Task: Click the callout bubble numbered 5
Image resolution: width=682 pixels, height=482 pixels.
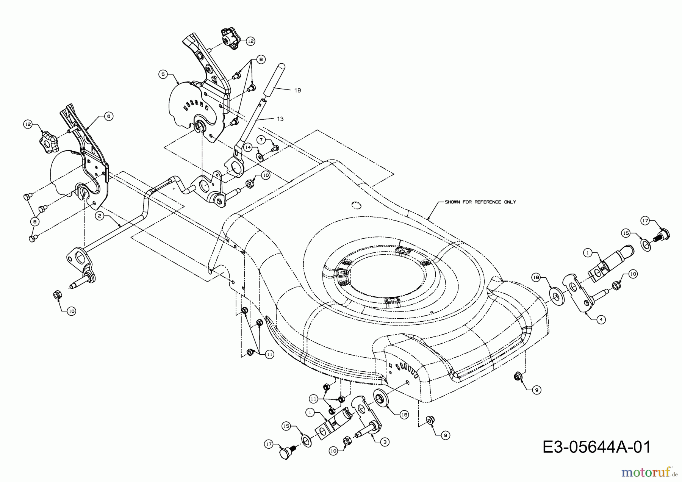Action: pyautogui.click(x=163, y=74)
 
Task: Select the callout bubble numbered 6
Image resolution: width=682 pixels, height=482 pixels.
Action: pyautogui.click(x=108, y=117)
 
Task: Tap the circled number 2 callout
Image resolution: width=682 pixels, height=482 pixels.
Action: pyautogui.click(x=99, y=216)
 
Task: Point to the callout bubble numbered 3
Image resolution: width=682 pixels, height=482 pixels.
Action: pyautogui.click(x=385, y=442)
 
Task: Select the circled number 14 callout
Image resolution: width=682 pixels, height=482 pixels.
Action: pyautogui.click(x=248, y=147)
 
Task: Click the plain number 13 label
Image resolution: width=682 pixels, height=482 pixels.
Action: pyautogui.click(x=280, y=119)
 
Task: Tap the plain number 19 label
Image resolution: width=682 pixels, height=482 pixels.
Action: pyautogui.click(x=297, y=90)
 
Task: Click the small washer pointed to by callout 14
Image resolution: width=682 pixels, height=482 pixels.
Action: pyautogui.click(x=260, y=156)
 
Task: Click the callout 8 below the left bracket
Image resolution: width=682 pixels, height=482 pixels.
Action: pyautogui.click(x=35, y=221)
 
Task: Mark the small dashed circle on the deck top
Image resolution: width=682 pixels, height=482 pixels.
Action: pyautogui.click(x=356, y=205)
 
